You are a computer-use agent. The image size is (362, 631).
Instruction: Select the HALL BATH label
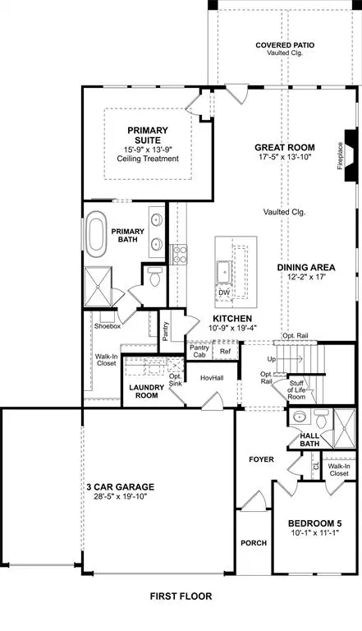(309, 440)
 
